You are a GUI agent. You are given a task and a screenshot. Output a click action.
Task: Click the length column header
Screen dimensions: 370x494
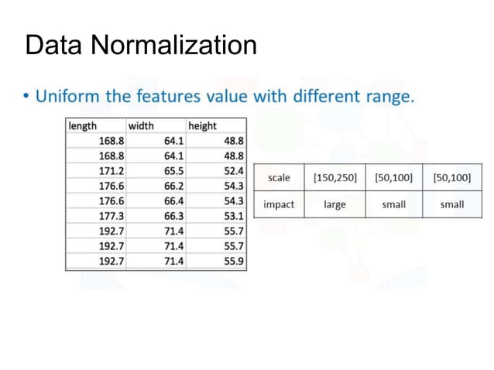[83, 125]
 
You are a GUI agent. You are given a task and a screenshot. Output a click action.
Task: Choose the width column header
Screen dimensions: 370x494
[141, 125]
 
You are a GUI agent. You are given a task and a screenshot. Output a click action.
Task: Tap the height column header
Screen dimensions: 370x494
[202, 125]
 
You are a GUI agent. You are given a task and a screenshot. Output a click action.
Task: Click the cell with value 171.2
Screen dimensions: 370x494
[112, 171]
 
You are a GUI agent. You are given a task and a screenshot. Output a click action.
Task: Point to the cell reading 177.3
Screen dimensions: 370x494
[112, 216]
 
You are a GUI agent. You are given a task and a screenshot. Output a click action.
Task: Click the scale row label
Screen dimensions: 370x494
[279, 178]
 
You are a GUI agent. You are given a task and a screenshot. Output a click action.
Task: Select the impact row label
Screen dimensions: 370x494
[279, 205]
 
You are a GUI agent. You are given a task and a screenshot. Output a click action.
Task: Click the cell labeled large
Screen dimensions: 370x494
[334, 205]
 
